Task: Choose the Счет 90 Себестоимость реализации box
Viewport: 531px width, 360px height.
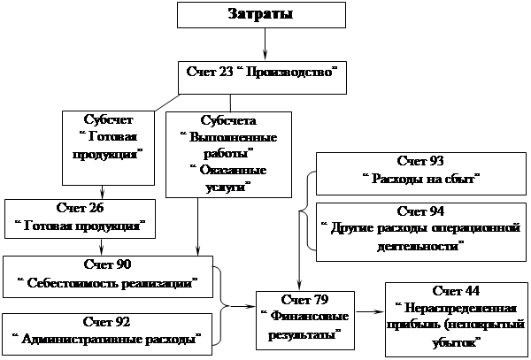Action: point(109,274)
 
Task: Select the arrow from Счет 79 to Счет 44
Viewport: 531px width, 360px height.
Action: point(369,311)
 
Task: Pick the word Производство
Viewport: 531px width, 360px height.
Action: point(293,70)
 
